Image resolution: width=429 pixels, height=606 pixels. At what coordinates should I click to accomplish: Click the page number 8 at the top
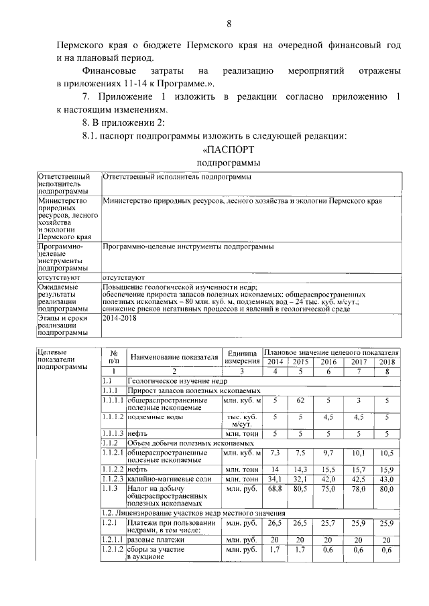[x=229, y=25]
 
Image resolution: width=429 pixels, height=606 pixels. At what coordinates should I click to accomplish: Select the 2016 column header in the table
[x=328, y=362]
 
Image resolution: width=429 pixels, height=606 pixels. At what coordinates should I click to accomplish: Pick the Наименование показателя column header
[x=175, y=357]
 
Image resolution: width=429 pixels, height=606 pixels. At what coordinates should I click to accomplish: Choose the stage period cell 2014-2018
[x=118, y=320]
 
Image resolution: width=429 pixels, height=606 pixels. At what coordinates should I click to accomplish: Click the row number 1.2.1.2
[x=113, y=549]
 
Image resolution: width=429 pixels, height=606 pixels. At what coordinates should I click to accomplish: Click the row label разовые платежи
[x=159, y=539]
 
